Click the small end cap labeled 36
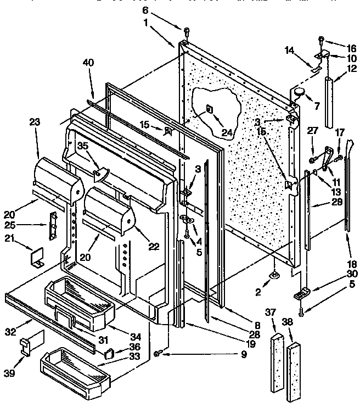coord(109,350)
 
